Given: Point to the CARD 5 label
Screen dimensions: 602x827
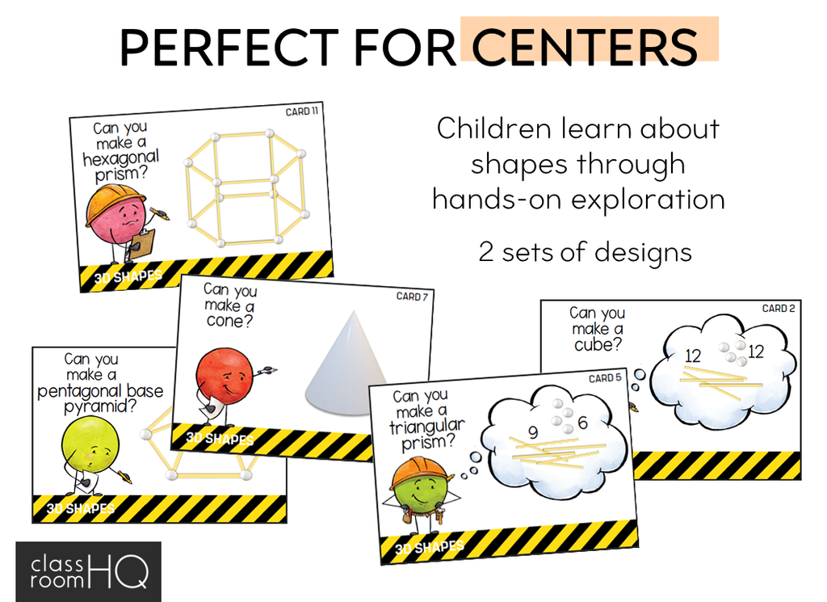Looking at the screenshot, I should click(607, 378).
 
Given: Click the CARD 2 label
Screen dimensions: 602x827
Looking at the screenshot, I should click(779, 309).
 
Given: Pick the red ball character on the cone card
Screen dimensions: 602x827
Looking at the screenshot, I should click(225, 377).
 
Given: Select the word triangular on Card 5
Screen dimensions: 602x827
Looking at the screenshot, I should click(427, 426).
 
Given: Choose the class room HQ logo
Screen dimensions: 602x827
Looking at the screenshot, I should click(88, 571).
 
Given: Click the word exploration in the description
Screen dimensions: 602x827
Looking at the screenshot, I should click(644, 199).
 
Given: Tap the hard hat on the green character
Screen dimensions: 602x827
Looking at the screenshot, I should click(418, 473).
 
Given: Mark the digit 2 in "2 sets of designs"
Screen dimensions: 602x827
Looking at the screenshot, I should click(486, 252).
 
